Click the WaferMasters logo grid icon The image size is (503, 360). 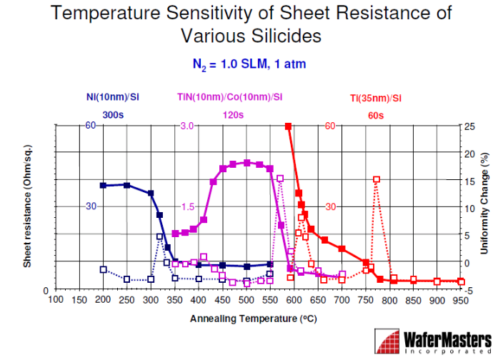tap(387, 341)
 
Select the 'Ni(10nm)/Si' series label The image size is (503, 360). tap(113, 97)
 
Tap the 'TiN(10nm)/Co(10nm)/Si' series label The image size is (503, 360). tap(229, 97)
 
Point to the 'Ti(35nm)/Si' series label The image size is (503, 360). tap(376, 98)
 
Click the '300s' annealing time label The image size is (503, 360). tap(113, 115)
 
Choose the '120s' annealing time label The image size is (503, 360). tap(233, 115)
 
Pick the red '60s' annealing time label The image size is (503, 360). tap(376, 116)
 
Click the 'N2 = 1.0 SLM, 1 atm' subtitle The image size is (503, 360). tap(249, 64)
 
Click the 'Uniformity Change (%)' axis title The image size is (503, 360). tap(484, 204)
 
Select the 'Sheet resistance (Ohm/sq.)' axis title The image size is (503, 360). tap(27, 206)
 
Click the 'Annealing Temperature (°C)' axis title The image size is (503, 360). tap(254, 319)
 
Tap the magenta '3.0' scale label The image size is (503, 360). tap(187, 126)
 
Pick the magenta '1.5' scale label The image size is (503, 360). tap(188, 206)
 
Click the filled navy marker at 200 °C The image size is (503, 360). tap(103, 185)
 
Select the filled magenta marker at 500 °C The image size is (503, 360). tap(246, 163)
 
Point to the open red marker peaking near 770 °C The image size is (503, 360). tap(377, 179)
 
